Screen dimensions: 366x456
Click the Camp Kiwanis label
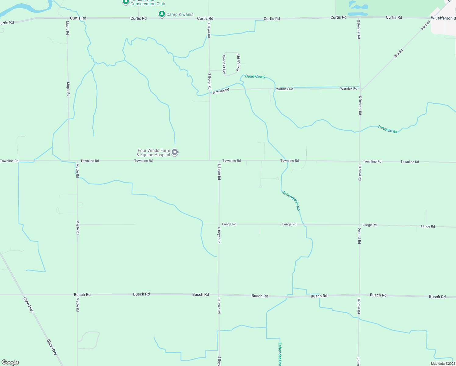(180, 14)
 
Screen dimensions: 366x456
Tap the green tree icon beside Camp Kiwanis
(162, 14)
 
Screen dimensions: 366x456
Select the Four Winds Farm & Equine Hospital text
(154, 152)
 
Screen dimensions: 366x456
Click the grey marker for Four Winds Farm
(175, 152)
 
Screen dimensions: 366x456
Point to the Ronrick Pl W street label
(224, 64)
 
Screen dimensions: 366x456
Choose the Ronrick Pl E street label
(238, 62)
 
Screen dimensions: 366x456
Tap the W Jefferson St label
(443, 18)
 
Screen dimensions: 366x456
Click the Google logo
(10, 362)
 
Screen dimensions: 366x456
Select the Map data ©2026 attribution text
(443, 364)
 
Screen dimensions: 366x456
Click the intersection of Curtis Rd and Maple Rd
(67, 18)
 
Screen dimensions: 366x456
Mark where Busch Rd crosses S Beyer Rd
(219, 295)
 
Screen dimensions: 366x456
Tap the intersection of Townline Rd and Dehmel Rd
(360, 161)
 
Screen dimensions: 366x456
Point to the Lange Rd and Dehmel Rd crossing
(359, 225)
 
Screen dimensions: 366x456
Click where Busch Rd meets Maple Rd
(77, 295)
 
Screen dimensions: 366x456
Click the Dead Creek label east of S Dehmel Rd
(387, 129)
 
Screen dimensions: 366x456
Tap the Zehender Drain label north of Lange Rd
(291, 200)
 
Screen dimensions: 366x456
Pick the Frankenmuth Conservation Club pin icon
(126, 2)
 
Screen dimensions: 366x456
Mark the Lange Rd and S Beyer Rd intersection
(219, 224)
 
